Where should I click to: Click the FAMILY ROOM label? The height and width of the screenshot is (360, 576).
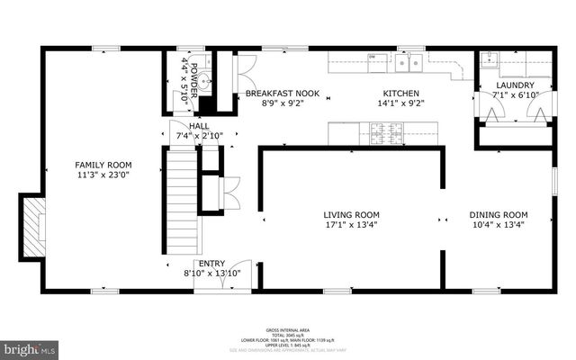(x=103, y=165)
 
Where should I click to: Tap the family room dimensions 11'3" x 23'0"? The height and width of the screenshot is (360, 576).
(x=103, y=177)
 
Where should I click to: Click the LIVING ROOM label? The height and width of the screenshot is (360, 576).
(x=352, y=215)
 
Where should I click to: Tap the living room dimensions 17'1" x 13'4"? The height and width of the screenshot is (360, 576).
(x=352, y=227)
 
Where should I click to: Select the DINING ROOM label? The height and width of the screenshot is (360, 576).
(x=499, y=215)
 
